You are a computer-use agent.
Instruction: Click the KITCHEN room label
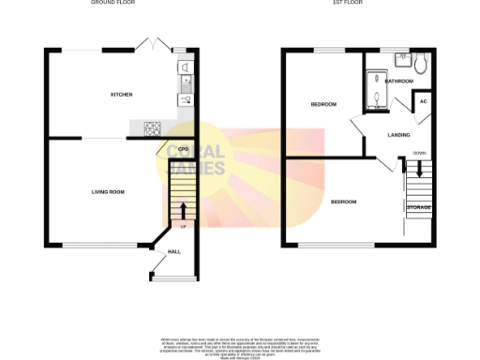[122, 95]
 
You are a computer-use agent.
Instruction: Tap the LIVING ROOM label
[108, 192]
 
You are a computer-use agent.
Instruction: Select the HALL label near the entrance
[173, 252]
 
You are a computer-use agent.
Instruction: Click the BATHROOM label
[397, 82]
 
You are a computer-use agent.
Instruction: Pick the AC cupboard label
[423, 101]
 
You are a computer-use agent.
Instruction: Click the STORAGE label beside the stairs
[418, 206]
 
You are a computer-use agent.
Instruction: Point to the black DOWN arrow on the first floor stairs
[419, 170]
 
